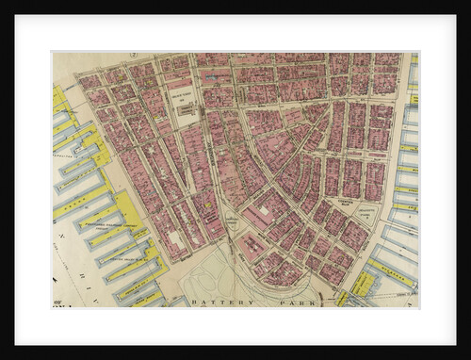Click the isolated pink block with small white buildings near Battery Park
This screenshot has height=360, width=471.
tap(254, 245)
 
